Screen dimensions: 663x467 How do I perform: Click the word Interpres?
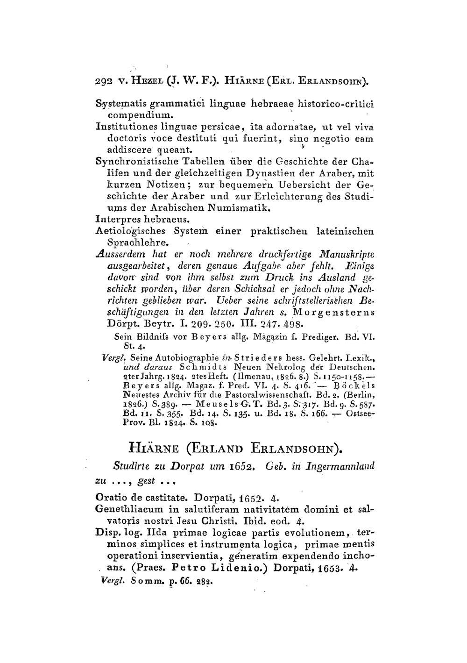114,219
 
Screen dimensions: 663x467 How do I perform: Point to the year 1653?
327,569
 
